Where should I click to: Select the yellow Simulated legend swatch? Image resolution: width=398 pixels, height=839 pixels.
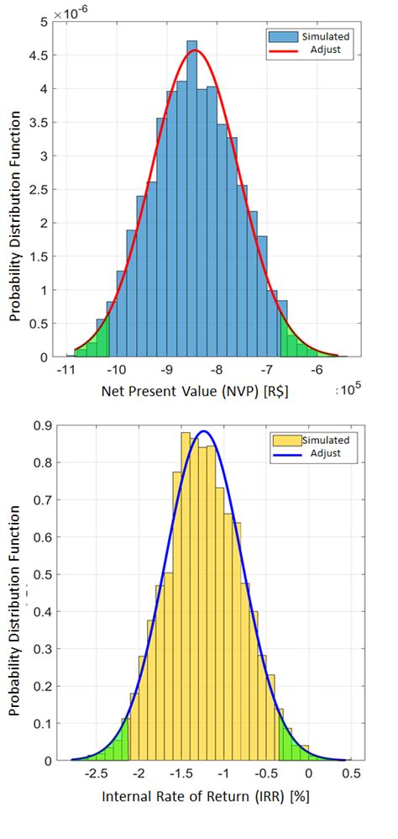(284, 441)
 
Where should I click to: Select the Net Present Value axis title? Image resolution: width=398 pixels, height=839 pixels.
(196, 391)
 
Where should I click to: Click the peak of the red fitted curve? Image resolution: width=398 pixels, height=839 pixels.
(195, 50)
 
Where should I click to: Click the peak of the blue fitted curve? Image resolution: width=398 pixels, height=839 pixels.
(205, 431)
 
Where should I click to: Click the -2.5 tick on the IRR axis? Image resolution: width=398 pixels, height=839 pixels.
(98, 773)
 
